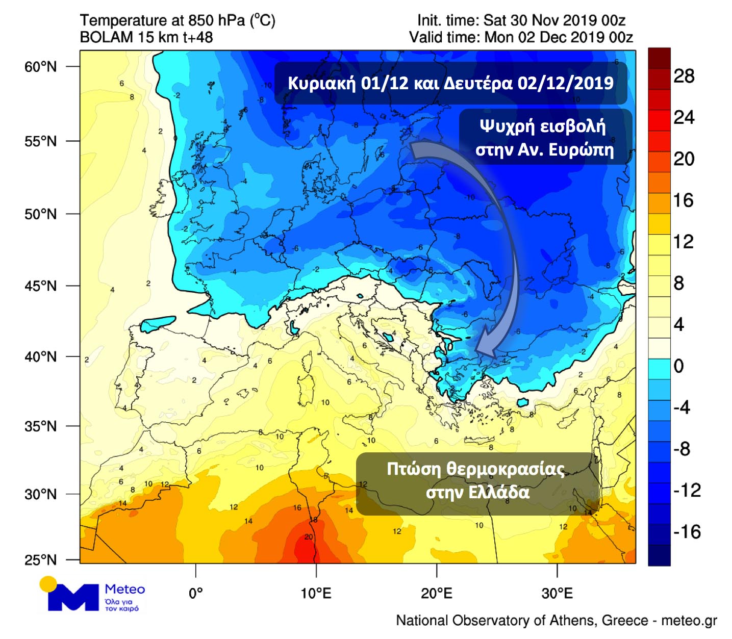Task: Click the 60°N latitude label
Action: coord(40,67)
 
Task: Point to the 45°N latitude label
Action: coord(40,286)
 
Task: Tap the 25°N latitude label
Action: coord(40,560)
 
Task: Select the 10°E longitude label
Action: coord(316,593)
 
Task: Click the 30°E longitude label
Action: coord(557,593)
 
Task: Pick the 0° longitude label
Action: coord(196,593)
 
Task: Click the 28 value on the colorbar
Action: coord(684,76)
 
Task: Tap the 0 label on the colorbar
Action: coord(678,366)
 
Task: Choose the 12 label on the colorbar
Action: coord(684,242)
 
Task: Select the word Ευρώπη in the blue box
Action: coord(583,150)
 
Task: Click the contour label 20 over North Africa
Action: coord(309,537)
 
